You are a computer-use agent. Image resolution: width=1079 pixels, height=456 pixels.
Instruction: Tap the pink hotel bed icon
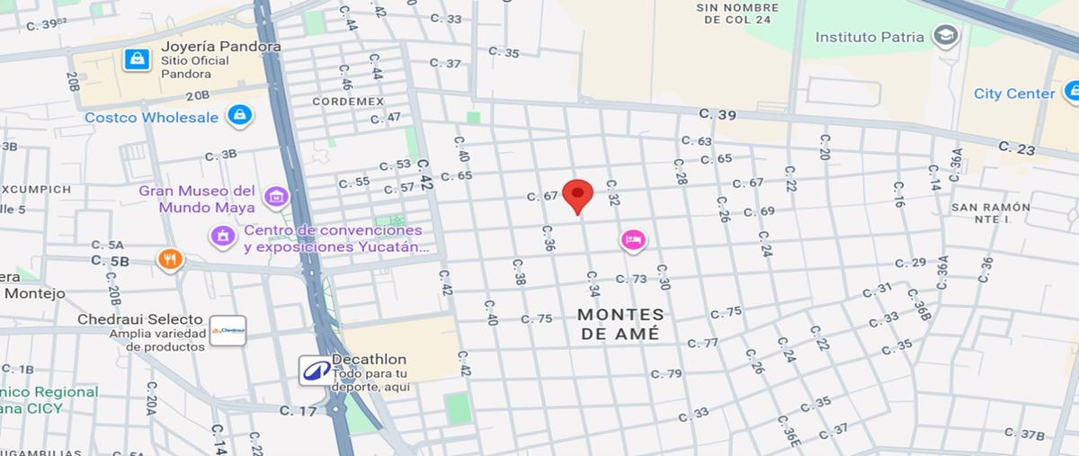click(633, 239)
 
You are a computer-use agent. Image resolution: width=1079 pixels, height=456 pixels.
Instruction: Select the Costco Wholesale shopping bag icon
click(239, 115)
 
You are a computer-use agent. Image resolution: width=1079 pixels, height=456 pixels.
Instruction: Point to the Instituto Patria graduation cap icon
click(945, 36)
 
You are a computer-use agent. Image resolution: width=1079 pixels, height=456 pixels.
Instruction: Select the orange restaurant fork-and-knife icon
click(169, 260)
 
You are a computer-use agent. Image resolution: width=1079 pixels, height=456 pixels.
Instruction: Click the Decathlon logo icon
click(315, 370)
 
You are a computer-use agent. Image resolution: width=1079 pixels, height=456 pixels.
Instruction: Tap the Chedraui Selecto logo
click(227, 330)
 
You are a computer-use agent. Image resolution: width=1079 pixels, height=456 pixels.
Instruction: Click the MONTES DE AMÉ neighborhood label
click(620, 324)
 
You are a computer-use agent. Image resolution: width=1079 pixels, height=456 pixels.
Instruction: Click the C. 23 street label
click(1016, 148)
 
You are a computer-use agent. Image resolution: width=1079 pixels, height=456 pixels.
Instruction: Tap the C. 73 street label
click(631, 279)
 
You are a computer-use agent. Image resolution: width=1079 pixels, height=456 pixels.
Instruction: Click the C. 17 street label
click(298, 411)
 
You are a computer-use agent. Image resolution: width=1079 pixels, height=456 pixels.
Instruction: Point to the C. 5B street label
click(110, 261)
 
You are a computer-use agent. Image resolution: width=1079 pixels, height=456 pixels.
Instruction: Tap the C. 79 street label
click(666, 373)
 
